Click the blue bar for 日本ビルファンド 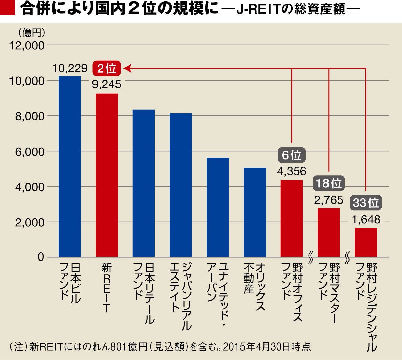[x=70, y=166]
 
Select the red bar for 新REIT [x=107, y=175]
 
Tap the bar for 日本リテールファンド [x=144, y=183]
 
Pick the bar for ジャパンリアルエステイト [x=181, y=185]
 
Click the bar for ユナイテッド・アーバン [x=217, y=207]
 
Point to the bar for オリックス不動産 [x=255, y=212]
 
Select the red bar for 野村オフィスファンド [x=292, y=218]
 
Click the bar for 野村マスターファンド [x=329, y=232]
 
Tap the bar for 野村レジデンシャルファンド [x=366, y=242]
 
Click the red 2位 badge [x=106, y=69]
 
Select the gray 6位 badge [x=292, y=155]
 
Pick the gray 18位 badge [x=329, y=184]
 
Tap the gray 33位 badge [x=365, y=203]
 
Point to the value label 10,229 [x=70, y=69]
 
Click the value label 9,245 [x=107, y=84]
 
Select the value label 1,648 [x=366, y=219]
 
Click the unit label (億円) [x=30, y=32]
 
